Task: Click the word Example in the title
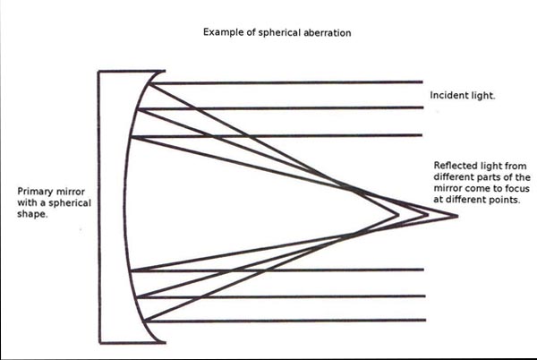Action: (x=224, y=33)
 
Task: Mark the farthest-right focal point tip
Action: (x=456, y=216)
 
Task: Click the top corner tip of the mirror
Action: (x=163, y=73)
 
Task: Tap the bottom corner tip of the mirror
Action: (x=163, y=341)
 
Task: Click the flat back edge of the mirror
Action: (x=99, y=206)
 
